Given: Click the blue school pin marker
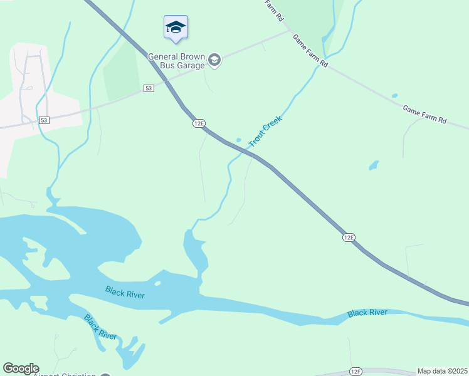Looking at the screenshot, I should [176, 28].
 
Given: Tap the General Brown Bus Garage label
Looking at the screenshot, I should [176, 61].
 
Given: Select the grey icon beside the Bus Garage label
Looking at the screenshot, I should [214, 60].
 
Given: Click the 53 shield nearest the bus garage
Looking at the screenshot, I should [148, 88].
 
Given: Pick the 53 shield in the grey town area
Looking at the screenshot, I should [44, 120].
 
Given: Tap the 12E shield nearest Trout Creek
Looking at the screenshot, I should [199, 124].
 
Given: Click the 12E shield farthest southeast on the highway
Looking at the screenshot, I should [349, 237].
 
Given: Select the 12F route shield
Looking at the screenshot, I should [356, 372].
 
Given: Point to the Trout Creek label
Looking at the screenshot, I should [266, 132].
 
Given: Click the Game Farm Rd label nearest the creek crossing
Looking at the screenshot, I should [310, 51].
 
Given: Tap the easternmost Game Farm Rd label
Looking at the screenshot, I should [424, 115].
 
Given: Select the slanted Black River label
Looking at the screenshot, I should [100, 327].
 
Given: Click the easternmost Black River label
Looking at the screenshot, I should [367, 313].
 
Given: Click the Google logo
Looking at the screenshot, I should [21, 368].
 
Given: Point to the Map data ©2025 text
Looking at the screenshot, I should [443, 371].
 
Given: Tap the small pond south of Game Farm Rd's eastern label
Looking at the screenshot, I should [374, 165].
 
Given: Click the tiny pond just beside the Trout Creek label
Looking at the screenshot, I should [238, 140].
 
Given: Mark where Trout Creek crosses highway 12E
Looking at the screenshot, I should [245, 151].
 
